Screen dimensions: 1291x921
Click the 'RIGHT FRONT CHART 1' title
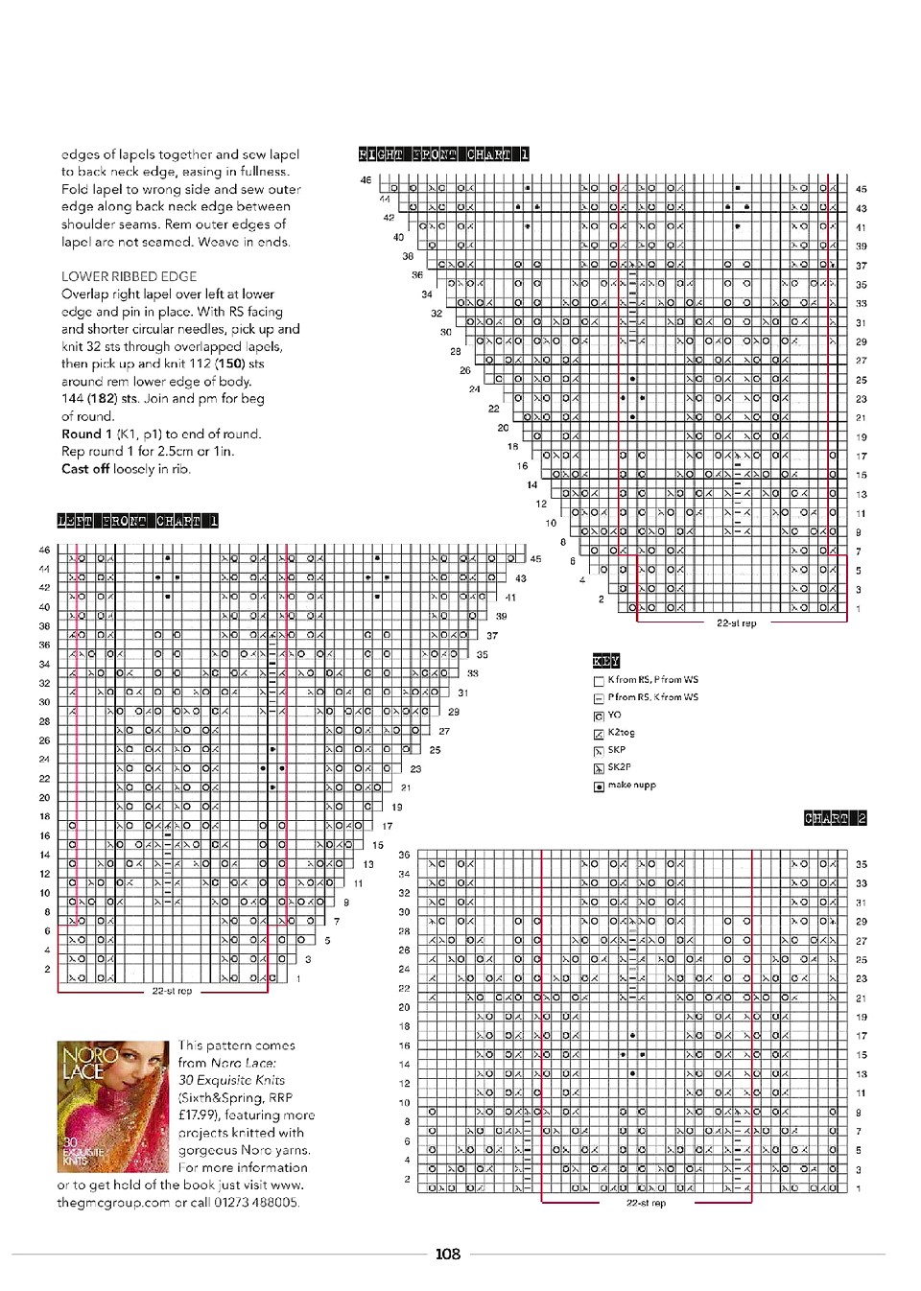click(x=443, y=154)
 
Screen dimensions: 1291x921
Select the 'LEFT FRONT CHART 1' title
click(x=137, y=521)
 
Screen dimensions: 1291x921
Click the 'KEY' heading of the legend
click(x=605, y=661)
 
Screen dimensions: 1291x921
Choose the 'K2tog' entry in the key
click(x=621, y=732)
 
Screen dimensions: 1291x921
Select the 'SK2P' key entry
click(x=619, y=767)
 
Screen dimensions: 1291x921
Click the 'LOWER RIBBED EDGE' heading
click(x=129, y=276)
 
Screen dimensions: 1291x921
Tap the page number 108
click(x=447, y=1254)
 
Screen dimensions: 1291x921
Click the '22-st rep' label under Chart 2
click(x=646, y=1203)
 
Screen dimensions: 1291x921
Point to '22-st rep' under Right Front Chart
click(x=736, y=623)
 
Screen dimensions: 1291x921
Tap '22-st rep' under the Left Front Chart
click(x=172, y=991)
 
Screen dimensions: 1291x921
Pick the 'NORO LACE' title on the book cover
click(x=88, y=1062)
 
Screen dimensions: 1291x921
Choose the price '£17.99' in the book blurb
click(x=198, y=1115)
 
